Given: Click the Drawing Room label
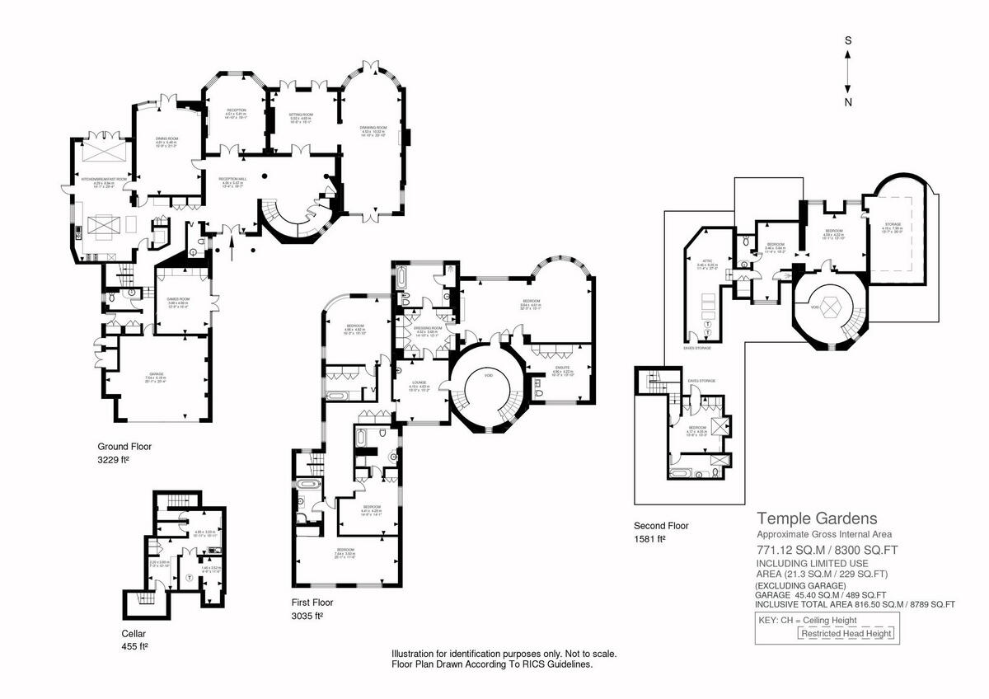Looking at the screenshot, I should click(373, 128).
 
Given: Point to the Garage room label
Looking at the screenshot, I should click(156, 377).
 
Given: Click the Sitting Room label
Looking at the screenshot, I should click(300, 115).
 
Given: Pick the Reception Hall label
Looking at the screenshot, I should click(232, 179).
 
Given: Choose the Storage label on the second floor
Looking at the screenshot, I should click(893, 224).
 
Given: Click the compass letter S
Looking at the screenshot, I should click(848, 40).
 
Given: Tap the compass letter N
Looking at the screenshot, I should click(848, 102).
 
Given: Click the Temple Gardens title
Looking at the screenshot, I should click(817, 518).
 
